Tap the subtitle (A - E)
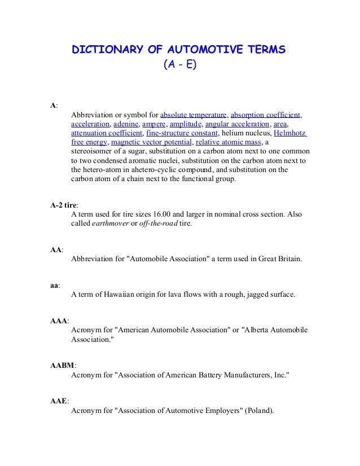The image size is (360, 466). [x=179, y=65]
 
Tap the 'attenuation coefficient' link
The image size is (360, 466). [x=106, y=133]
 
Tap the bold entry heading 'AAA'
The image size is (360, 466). [x=59, y=321]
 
